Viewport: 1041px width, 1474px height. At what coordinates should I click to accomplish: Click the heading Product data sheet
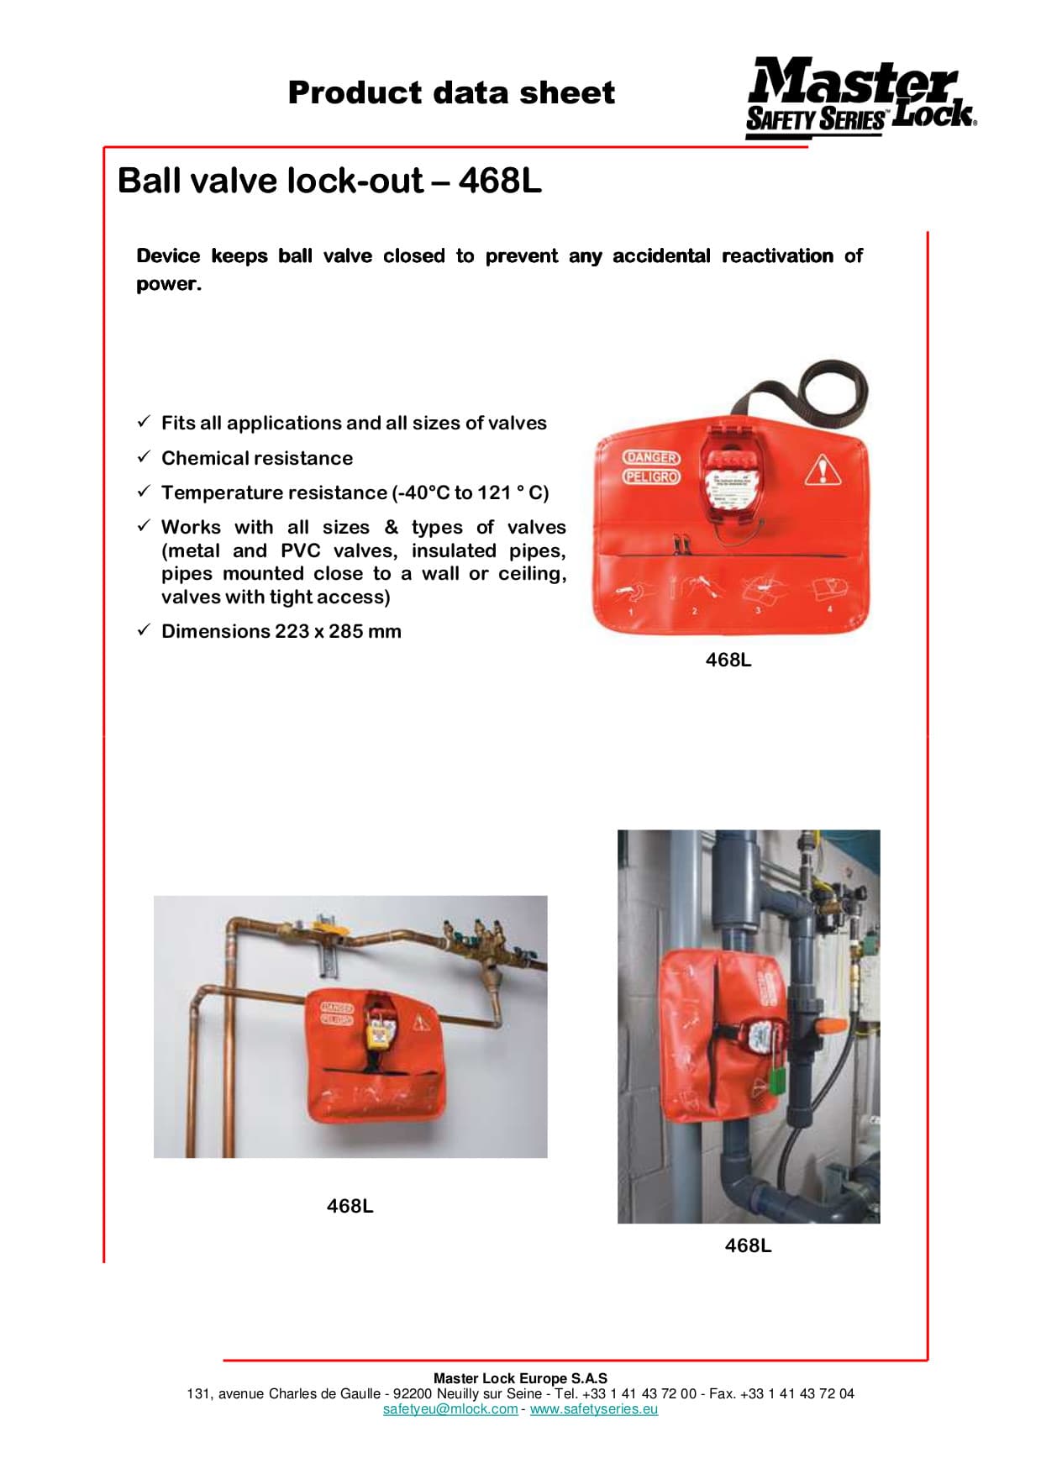coord(451,92)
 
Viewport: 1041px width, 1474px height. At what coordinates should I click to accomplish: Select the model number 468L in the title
coord(500,181)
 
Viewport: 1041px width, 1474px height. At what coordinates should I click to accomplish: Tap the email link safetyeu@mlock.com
coord(450,1409)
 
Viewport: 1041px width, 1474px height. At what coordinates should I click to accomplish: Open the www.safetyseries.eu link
coord(593,1409)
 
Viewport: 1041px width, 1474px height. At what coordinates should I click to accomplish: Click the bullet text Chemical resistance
coord(257,458)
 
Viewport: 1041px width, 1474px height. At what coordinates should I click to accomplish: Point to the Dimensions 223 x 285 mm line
coord(281,631)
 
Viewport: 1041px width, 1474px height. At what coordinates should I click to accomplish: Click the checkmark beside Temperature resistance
coord(144,491)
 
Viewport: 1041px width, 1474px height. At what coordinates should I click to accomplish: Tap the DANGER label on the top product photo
coord(651,457)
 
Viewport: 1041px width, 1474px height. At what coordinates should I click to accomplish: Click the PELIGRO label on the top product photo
coord(651,476)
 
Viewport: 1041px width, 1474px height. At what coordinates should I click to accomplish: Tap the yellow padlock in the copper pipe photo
coord(379,1029)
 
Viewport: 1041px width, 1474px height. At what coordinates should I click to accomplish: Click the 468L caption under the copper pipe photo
coord(350,1206)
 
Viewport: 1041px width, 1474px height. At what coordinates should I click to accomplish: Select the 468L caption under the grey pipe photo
coord(748,1245)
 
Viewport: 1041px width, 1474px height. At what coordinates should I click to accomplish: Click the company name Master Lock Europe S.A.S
coord(520,1378)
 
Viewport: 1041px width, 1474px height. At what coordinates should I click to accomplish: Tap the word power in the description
coord(168,284)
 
